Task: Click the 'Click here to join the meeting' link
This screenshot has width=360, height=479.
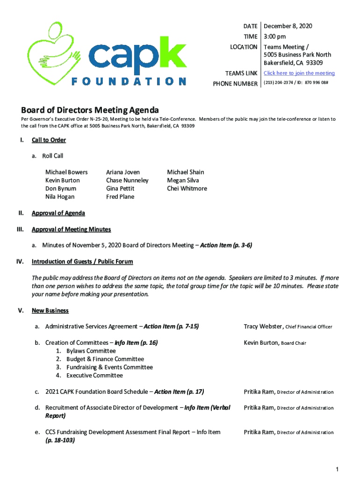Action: coord(299,73)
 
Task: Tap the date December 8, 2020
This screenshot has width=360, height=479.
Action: coord(288,26)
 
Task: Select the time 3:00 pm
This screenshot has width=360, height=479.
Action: coord(275,36)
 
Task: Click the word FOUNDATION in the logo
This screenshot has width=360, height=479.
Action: coord(129,81)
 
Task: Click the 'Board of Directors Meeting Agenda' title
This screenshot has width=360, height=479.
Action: coord(90,110)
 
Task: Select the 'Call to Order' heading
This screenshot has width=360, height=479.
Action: coord(49,140)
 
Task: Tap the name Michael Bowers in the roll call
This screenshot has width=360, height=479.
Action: coord(66,172)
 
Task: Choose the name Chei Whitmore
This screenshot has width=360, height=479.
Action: coord(187,189)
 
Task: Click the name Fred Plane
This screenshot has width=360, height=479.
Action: coord(120,197)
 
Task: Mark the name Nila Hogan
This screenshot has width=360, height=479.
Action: coord(60,197)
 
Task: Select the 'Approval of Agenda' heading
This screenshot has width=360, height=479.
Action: coord(58,213)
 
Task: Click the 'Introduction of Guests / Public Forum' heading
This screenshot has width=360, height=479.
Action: coord(82,262)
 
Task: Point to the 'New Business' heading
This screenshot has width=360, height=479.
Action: coord(50,311)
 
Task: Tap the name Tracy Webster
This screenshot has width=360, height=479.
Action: coord(263,327)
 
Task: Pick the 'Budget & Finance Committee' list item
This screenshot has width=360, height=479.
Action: coord(105,359)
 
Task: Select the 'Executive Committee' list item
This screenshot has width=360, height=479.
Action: coord(94,376)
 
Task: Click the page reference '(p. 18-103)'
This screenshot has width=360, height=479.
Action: coord(60,441)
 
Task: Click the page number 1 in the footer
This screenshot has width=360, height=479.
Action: coord(337,469)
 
